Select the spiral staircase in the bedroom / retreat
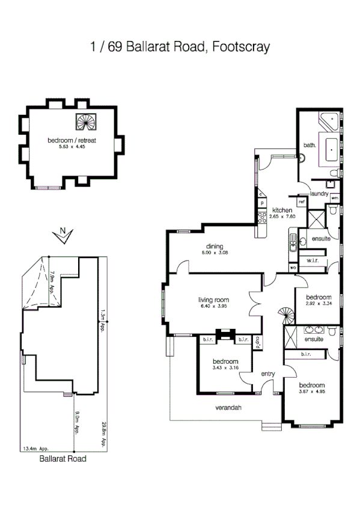click(x=84, y=123)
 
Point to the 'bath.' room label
click(x=310, y=145)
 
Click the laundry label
click(x=319, y=193)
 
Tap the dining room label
click(x=215, y=247)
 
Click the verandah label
click(x=228, y=408)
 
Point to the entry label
click(x=267, y=374)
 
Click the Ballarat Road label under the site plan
click(x=63, y=458)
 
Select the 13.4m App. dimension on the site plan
click(x=34, y=449)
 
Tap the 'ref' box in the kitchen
click(x=301, y=203)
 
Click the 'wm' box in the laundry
click(x=334, y=198)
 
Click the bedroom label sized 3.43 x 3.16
click(x=225, y=361)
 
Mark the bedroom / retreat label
click(x=72, y=140)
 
